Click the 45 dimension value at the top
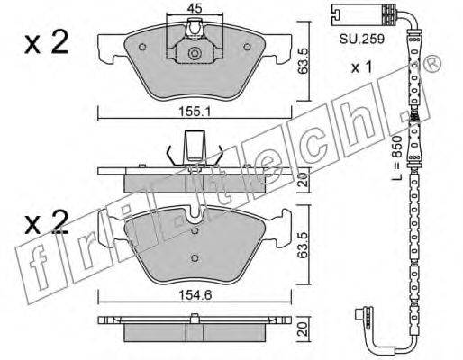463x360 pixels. tap(195, 7)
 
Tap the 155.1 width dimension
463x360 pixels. tap(195, 112)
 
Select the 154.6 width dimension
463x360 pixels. tap(195, 295)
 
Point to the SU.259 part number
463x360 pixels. tap(362, 39)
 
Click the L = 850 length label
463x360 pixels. tap(397, 157)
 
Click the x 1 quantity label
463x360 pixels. tap(362, 67)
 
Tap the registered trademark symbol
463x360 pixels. tap(431, 63)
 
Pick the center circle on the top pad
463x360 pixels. tap(195, 53)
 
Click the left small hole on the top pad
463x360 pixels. tap(142, 47)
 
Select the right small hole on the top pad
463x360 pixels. tap(247, 47)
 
